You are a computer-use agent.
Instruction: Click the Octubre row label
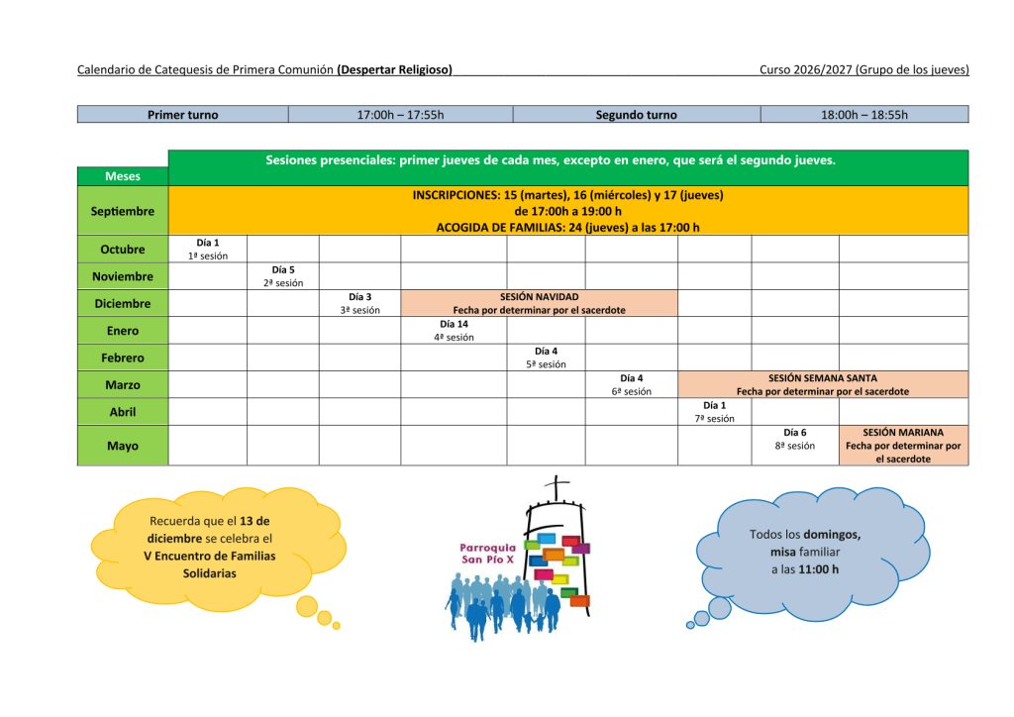(123, 249)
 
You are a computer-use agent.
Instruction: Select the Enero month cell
(123, 331)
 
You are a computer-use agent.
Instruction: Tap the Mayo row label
(123, 446)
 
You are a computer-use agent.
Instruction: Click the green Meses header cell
(123, 176)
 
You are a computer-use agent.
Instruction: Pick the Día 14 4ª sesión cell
(454, 331)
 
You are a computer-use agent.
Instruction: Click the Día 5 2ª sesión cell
(283, 276)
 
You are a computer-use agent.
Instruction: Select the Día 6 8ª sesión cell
(795, 446)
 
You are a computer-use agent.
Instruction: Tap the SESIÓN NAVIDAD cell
(540, 303)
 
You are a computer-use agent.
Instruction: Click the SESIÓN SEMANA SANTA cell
(823, 384)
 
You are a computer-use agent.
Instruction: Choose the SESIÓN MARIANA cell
(903, 446)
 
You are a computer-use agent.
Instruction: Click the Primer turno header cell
(183, 115)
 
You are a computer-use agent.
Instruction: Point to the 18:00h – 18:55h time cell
(864, 115)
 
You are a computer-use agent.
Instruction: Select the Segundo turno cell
(637, 115)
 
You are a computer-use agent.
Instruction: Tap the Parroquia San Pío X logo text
(487, 554)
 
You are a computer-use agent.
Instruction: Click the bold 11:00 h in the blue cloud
(818, 569)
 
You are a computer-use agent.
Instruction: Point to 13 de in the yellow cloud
(254, 521)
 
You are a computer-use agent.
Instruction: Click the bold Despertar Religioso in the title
(394, 70)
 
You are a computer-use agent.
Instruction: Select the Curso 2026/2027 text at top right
(806, 70)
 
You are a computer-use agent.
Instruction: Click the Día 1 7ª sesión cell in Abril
(715, 412)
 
